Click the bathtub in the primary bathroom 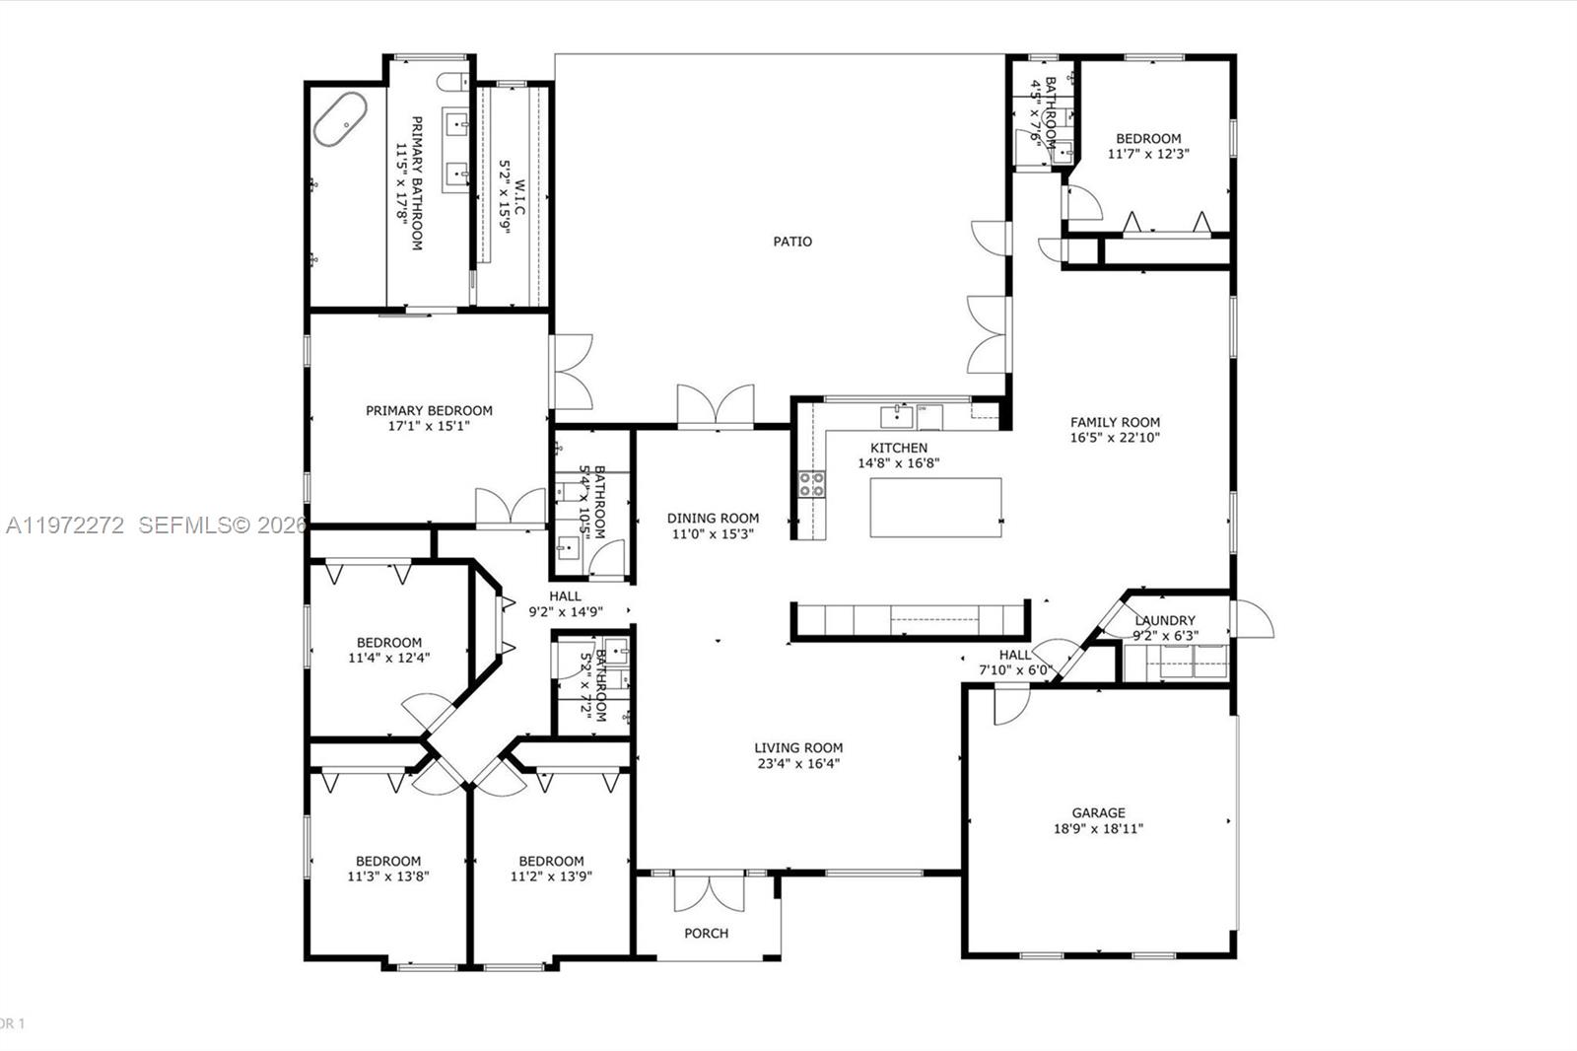click(340, 119)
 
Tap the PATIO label click(792, 242)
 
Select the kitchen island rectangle click(935, 508)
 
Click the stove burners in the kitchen click(812, 483)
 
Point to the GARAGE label click(1098, 813)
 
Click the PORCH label click(707, 933)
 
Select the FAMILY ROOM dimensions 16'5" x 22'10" click(1115, 437)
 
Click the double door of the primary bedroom click(510, 507)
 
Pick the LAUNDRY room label click(1164, 620)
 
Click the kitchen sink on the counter click(896, 416)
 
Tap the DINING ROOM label click(713, 518)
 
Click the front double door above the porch click(708, 891)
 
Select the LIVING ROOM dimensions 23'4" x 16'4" click(798, 762)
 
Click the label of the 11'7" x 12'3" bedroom click(1148, 139)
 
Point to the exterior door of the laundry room click(1250, 619)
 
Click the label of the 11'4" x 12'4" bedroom click(389, 642)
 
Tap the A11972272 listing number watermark click(65, 525)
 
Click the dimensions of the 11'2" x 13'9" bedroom click(551, 876)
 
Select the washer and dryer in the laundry click(1176, 662)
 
